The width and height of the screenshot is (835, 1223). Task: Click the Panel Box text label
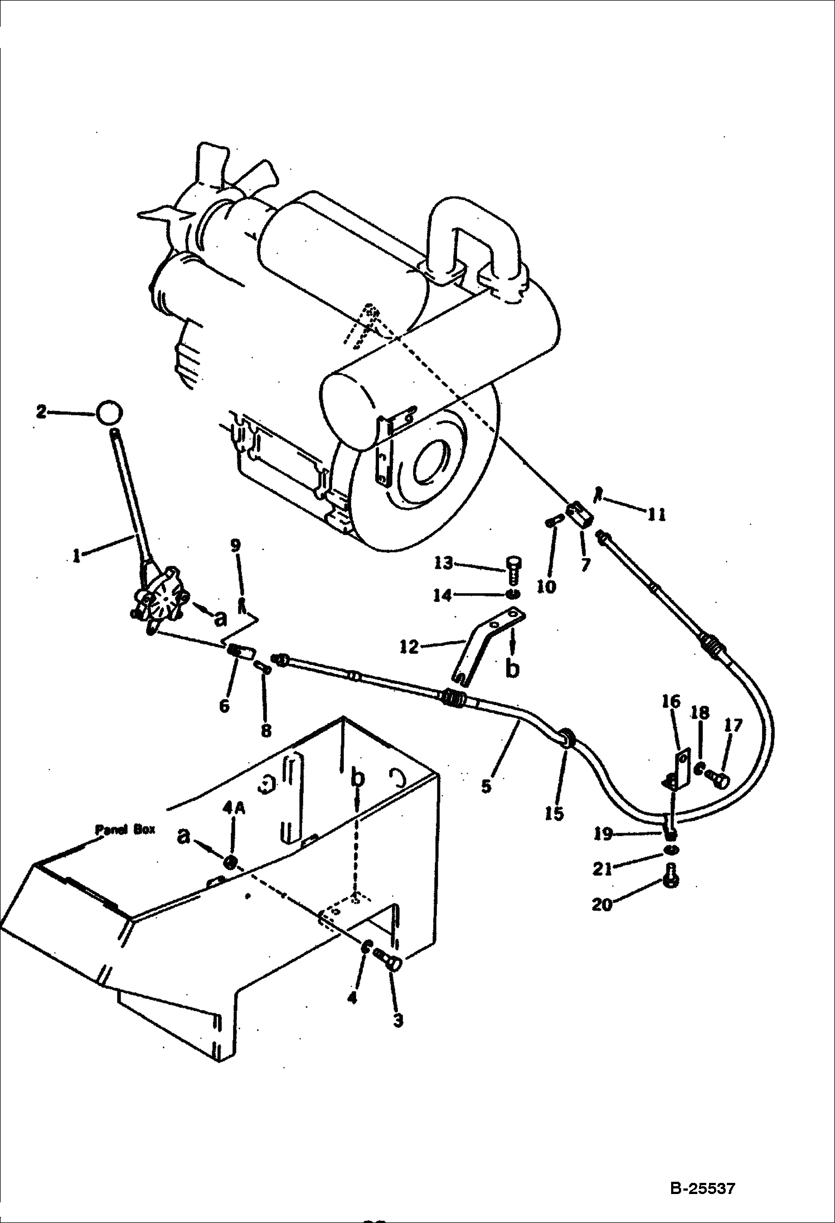pyautogui.click(x=125, y=829)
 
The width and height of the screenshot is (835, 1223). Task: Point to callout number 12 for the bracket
pyautogui.click(x=410, y=647)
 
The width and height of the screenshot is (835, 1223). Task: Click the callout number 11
pyautogui.click(x=656, y=514)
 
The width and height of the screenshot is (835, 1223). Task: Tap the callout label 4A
pyautogui.click(x=234, y=824)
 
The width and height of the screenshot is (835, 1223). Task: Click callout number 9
pyautogui.click(x=236, y=545)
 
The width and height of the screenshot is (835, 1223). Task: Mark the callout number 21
pyautogui.click(x=603, y=868)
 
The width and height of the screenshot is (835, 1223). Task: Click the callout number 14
pyautogui.click(x=443, y=595)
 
